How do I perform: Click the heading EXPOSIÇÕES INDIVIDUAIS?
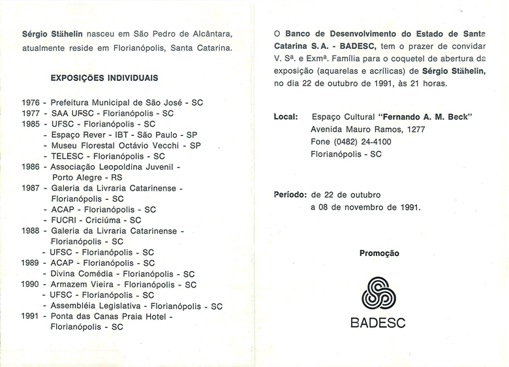point(104,78)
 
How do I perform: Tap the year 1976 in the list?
point(31,103)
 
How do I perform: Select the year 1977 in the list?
point(31,113)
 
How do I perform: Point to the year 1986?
point(31,167)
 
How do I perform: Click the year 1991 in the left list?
point(31,316)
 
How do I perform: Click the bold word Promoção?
point(379,253)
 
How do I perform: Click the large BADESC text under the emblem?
point(378,323)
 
